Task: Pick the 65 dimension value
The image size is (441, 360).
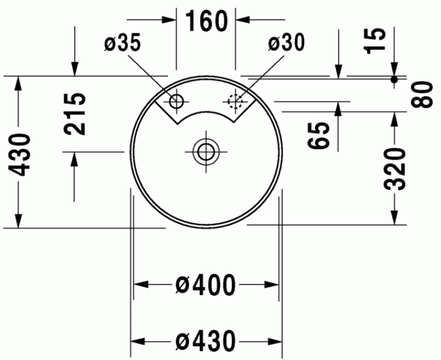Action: [321, 135]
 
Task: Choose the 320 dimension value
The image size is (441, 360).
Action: [396, 168]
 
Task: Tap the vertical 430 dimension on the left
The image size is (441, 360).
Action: [20, 154]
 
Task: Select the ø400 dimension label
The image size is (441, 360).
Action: [205, 285]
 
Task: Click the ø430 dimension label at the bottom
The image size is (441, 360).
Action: [205, 341]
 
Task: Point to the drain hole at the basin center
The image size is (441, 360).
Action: [205, 151]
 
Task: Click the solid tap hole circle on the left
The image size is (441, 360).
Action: [176, 100]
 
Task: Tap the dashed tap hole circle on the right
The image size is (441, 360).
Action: [236, 100]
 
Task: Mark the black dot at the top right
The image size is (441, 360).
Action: [395, 79]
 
